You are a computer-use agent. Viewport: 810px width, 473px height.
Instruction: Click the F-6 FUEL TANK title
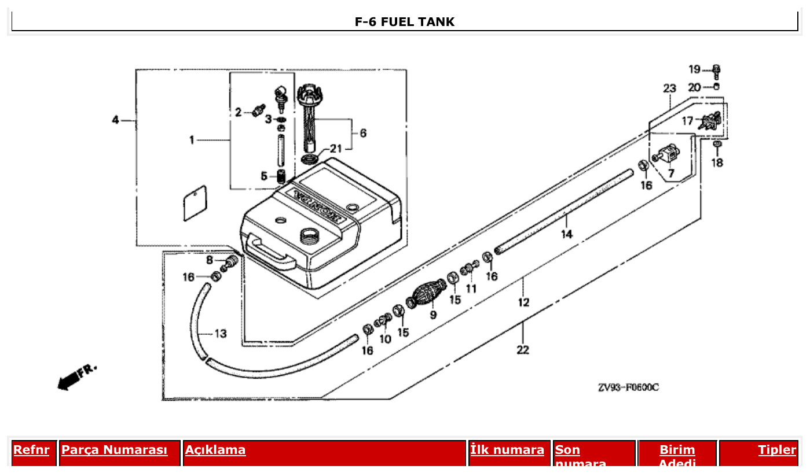[x=404, y=22]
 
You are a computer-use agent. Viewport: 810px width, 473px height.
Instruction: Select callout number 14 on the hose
[x=566, y=234]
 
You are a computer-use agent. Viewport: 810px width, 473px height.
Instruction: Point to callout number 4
[x=115, y=120]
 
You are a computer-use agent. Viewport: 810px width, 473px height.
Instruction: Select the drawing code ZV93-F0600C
[x=628, y=387]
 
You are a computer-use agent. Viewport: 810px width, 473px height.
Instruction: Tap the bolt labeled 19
[x=716, y=71]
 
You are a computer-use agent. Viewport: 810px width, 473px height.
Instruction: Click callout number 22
[x=522, y=349]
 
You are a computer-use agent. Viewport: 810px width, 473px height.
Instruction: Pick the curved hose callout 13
[x=221, y=334]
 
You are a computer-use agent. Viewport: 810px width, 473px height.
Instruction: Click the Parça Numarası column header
[x=114, y=450]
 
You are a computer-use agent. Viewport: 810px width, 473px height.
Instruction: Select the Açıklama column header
[x=215, y=450]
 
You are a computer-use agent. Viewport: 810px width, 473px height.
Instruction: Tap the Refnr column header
[x=31, y=450]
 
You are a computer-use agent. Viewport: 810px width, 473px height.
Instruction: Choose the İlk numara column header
[x=507, y=450]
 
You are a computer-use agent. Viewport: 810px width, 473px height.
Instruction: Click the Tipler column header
[x=777, y=450]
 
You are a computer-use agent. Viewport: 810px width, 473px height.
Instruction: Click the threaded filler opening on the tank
[x=309, y=235]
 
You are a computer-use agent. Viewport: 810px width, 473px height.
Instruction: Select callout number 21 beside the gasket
[x=336, y=149]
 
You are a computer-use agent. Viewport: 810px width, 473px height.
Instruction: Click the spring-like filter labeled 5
[x=281, y=176]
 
